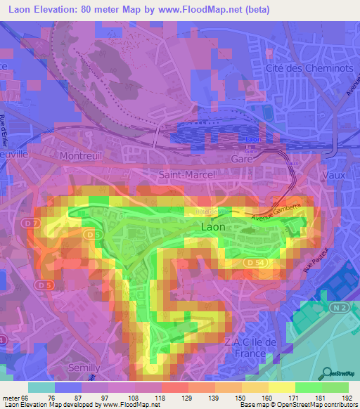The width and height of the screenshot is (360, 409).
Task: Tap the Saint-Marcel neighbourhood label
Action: (x=183, y=174)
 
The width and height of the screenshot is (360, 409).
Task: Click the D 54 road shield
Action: (x=257, y=261)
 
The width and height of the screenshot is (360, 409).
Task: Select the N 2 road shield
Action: (x=340, y=306)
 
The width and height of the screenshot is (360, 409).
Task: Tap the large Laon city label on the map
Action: (x=214, y=228)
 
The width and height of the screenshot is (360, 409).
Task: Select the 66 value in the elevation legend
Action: (x=26, y=398)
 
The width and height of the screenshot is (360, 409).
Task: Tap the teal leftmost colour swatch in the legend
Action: (x=41, y=387)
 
